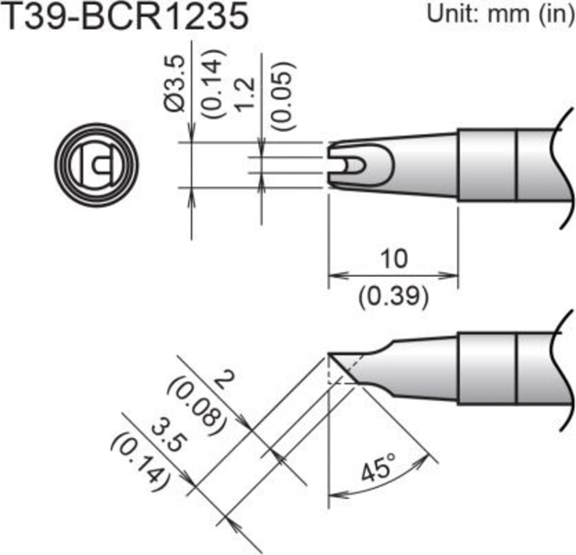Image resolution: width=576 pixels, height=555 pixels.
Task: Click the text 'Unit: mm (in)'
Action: tap(500, 14)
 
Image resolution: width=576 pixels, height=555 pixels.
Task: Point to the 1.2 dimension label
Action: tap(246, 94)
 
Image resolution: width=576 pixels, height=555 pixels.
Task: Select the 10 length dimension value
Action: tap(394, 259)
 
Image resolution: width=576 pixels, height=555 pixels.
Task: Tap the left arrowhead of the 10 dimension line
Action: tap(334, 275)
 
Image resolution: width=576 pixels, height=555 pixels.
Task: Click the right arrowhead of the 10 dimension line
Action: tap(451, 275)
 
